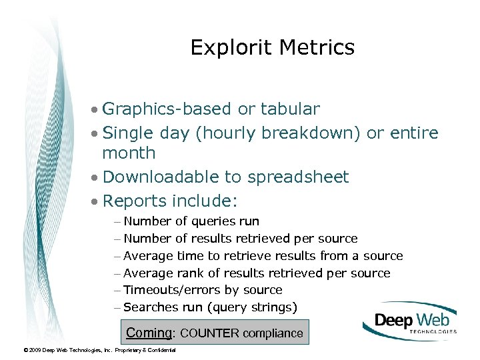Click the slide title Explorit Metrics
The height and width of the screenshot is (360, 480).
click(x=272, y=47)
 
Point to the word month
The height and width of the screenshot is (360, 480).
click(x=129, y=153)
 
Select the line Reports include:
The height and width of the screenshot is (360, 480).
click(x=171, y=201)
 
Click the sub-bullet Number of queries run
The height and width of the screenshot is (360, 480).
click(x=191, y=221)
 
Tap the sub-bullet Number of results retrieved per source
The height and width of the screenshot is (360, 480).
click(x=240, y=239)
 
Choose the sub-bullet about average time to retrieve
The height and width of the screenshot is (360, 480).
click(x=263, y=256)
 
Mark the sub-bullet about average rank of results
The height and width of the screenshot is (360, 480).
click(x=257, y=273)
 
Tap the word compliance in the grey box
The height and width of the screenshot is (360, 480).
click(x=273, y=333)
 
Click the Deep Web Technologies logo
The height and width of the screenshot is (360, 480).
click(x=409, y=322)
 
